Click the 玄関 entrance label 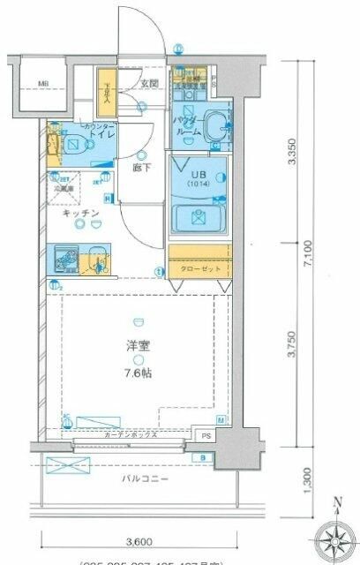[x=148, y=84]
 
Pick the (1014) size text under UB [x=197, y=185]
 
